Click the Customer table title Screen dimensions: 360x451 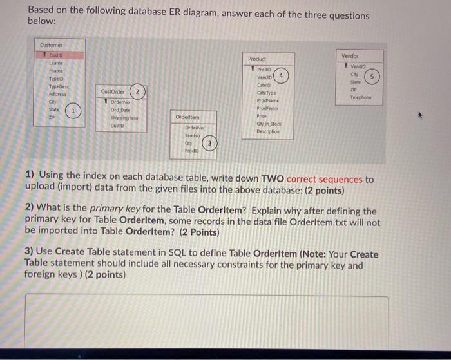(51, 45)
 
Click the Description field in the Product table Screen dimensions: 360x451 (267, 131)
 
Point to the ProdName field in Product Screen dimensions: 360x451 (265, 102)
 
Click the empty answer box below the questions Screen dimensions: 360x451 (206, 325)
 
